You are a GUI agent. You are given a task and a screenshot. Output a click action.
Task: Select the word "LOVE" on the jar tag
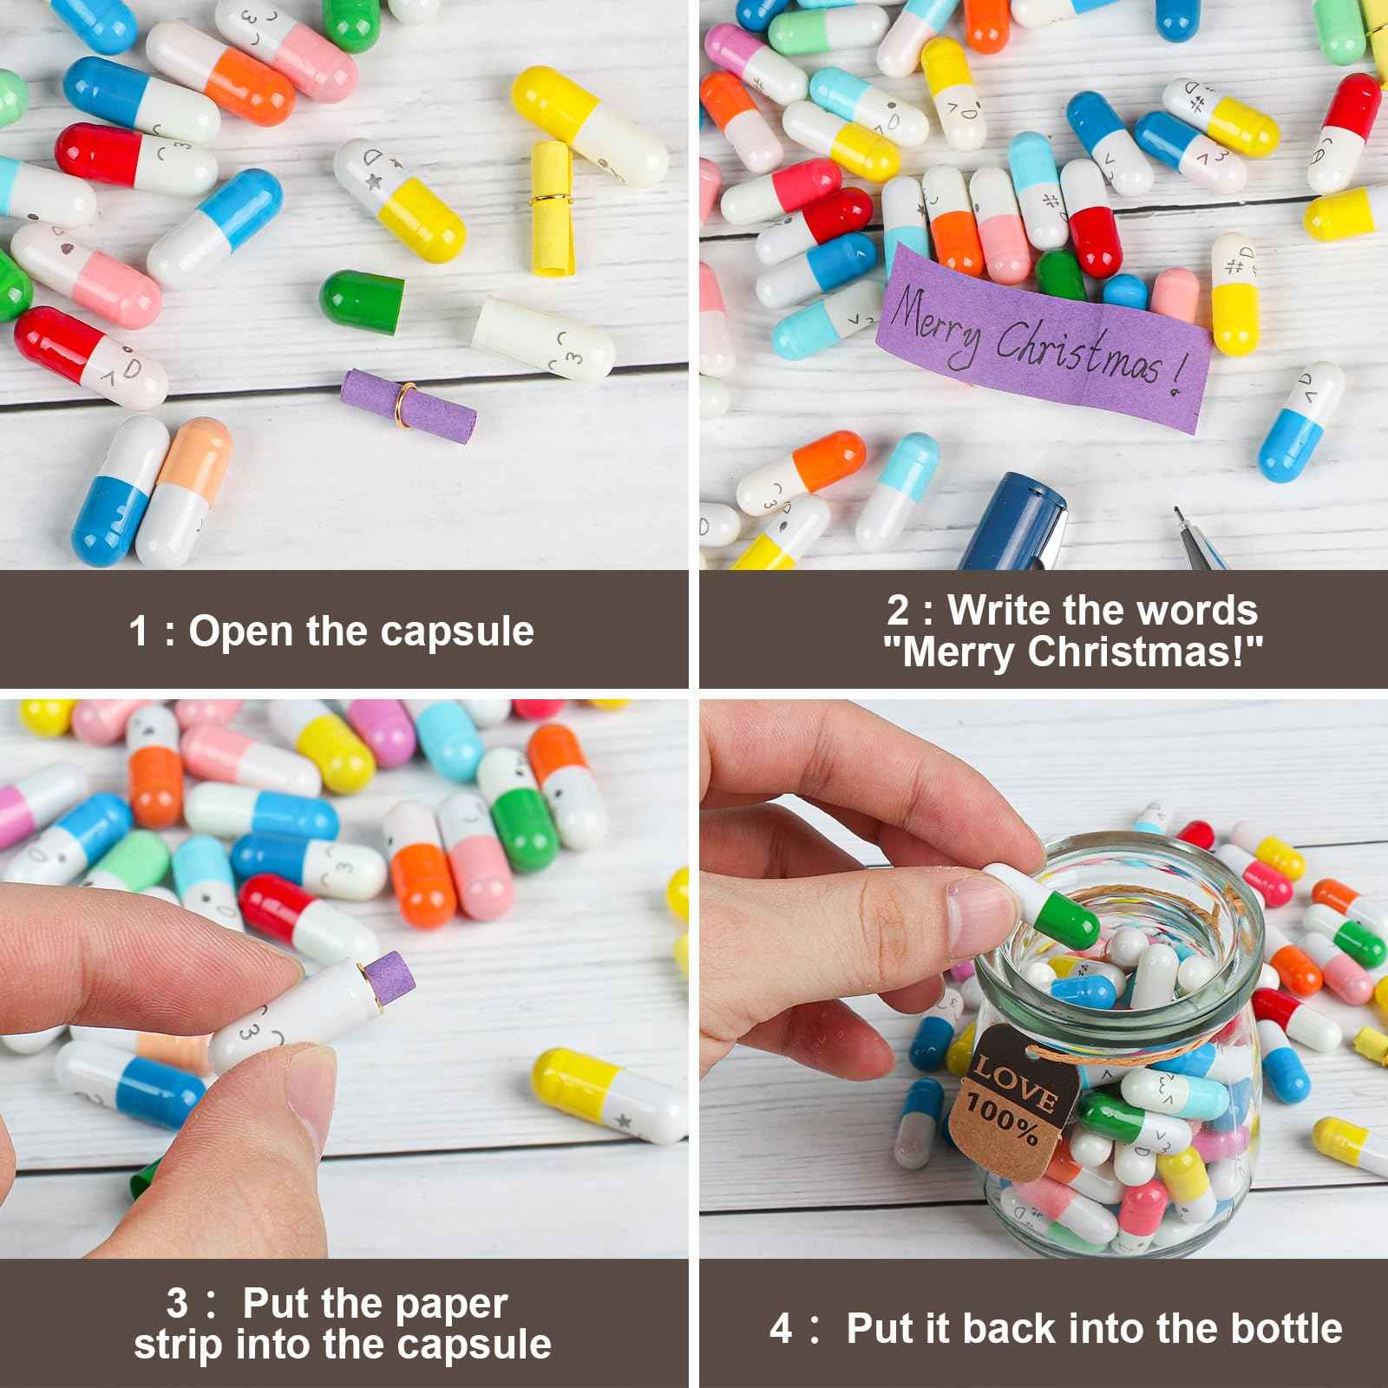pos(1015,1085)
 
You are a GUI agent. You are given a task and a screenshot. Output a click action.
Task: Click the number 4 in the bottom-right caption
pos(781,1329)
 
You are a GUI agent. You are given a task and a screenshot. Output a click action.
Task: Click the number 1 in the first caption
pos(139,631)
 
